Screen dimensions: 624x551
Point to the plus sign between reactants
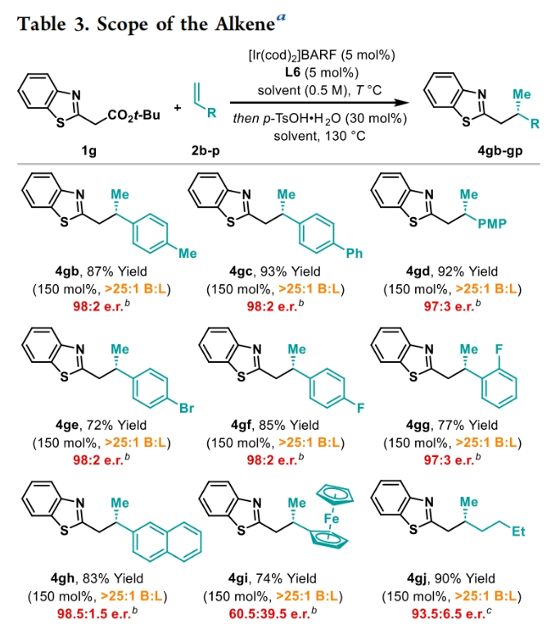tap(177, 106)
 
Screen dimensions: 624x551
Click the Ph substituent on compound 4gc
tap(354, 254)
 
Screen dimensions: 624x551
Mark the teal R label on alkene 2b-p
tap(211, 114)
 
